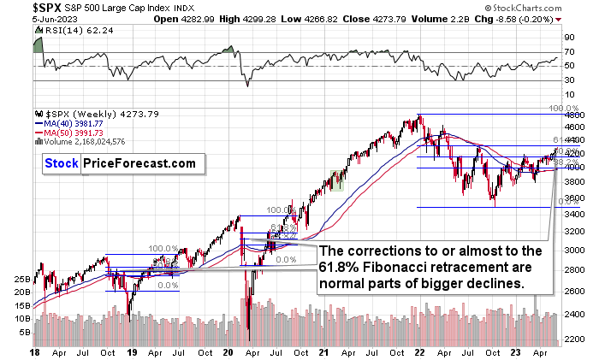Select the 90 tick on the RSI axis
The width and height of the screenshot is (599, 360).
(x=567, y=38)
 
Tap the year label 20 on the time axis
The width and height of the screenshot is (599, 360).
(x=228, y=351)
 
